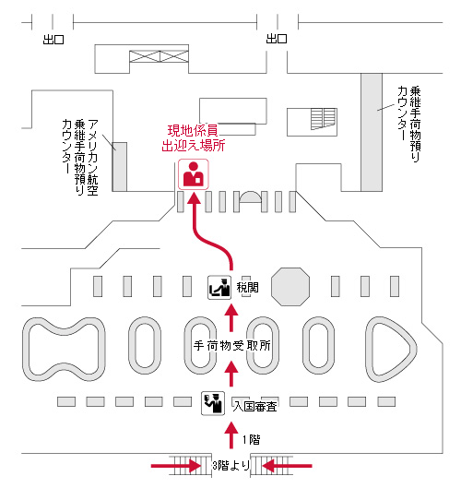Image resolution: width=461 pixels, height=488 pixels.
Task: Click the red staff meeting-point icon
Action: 194,174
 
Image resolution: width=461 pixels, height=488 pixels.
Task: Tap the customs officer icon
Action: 219,287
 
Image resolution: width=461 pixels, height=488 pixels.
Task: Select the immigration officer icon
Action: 213,403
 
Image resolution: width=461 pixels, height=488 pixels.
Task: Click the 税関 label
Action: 248,287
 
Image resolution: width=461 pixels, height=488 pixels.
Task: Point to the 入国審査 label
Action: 255,407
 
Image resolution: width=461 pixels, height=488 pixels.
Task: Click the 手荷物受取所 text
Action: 232,345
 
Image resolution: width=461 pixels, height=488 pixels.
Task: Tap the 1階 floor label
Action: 252,440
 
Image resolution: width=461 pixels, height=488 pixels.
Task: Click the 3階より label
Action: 231,466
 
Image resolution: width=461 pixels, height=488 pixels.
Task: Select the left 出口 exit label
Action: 53,40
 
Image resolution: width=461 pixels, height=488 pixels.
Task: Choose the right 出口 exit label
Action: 277,39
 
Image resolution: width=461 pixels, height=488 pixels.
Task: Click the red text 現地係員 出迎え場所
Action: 194,138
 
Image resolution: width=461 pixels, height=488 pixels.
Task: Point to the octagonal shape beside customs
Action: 290,287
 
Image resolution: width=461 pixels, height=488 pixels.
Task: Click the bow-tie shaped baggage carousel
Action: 64,350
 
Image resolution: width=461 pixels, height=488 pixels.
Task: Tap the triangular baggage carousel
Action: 370,350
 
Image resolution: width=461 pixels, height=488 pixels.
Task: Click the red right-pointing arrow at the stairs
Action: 176,466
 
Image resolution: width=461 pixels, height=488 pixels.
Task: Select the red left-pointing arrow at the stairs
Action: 287,466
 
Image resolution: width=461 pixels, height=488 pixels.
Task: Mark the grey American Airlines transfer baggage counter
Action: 120,167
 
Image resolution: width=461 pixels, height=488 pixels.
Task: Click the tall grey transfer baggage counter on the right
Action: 372,132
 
